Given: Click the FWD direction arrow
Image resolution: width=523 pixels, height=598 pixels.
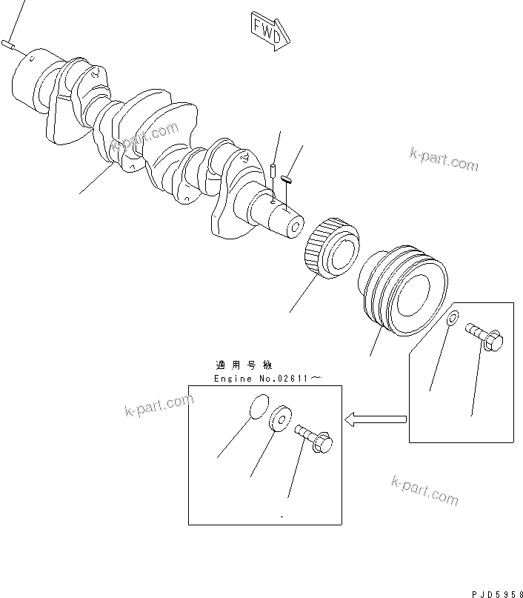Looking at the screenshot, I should (269, 30).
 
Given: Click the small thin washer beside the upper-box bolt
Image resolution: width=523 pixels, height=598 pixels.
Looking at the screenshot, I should (452, 319).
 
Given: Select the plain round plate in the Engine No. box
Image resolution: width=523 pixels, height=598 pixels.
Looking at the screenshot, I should (256, 407).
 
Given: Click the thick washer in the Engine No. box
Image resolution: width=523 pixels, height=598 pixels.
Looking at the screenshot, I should (282, 419).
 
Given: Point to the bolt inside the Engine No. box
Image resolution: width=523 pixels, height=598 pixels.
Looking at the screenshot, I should (314, 437).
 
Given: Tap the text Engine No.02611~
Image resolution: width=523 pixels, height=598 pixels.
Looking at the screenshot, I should (267, 378).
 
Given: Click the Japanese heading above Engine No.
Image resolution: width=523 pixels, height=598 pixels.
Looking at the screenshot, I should (244, 365).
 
